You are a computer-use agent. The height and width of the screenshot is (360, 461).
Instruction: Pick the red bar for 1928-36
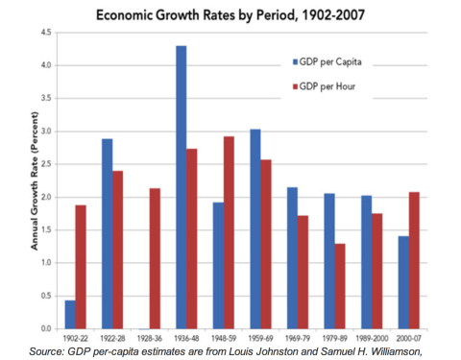(x=153, y=258)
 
